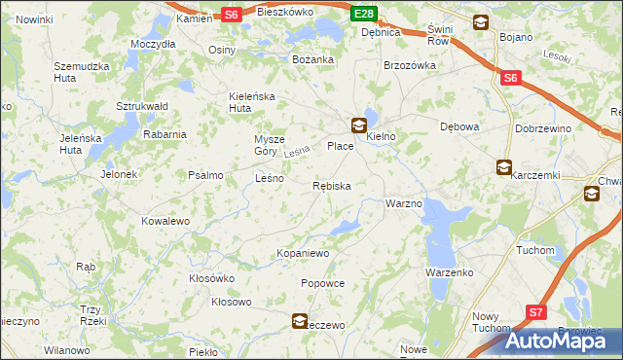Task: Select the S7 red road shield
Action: coord(536,311)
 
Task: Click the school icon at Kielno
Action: coord(359,125)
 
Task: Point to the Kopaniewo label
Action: coord(304,253)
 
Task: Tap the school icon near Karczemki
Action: coord(503,167)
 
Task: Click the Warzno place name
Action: coord(403,204)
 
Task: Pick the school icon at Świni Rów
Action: coord(481,22)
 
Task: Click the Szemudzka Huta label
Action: coord(79,72)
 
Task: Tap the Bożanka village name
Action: coord(313,59)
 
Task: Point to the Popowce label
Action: coord(323,283)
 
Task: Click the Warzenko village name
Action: coord(449,272)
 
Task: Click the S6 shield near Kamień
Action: coord(231,15)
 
